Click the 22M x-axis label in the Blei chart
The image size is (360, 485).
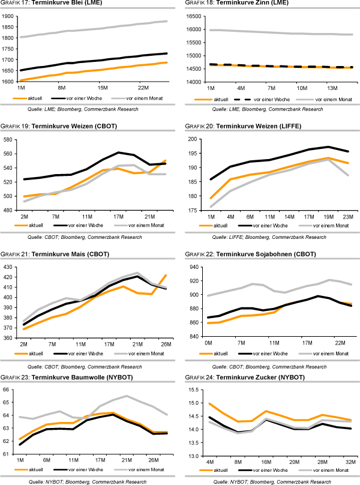click(x=143, y=88)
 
